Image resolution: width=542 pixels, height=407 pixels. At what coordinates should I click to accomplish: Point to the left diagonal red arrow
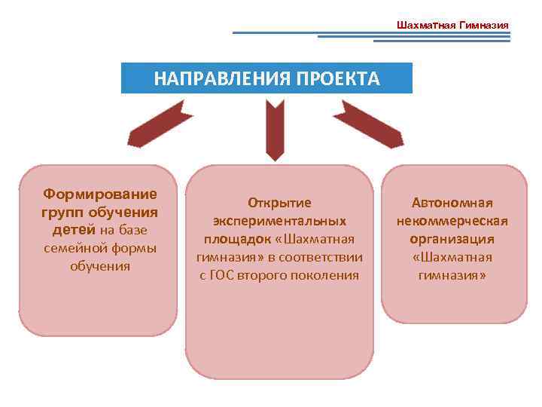click(x=160, y=124)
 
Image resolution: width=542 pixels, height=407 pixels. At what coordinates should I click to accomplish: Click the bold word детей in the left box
click(x=74, y=229)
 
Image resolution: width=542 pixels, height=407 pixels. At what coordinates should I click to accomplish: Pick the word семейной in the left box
click(x=75, y=247)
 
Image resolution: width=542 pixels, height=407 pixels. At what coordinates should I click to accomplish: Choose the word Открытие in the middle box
click(x=279, y=203)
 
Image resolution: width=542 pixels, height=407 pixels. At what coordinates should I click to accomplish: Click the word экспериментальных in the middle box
click(x=279, y=221)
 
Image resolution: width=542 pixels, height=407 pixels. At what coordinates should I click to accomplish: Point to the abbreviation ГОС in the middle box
click(x=224, y=275)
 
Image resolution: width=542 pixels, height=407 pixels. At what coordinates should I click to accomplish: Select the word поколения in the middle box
click(x=326, y=275)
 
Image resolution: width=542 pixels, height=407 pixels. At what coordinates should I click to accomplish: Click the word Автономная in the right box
click(x=452, y=203)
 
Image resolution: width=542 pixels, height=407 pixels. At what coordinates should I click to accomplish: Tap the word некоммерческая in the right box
click(x=452, y=221)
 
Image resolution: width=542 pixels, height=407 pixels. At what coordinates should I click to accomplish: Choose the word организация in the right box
click(x=452, y=239)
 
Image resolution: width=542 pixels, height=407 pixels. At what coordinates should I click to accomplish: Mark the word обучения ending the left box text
click(x=100, y=265)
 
